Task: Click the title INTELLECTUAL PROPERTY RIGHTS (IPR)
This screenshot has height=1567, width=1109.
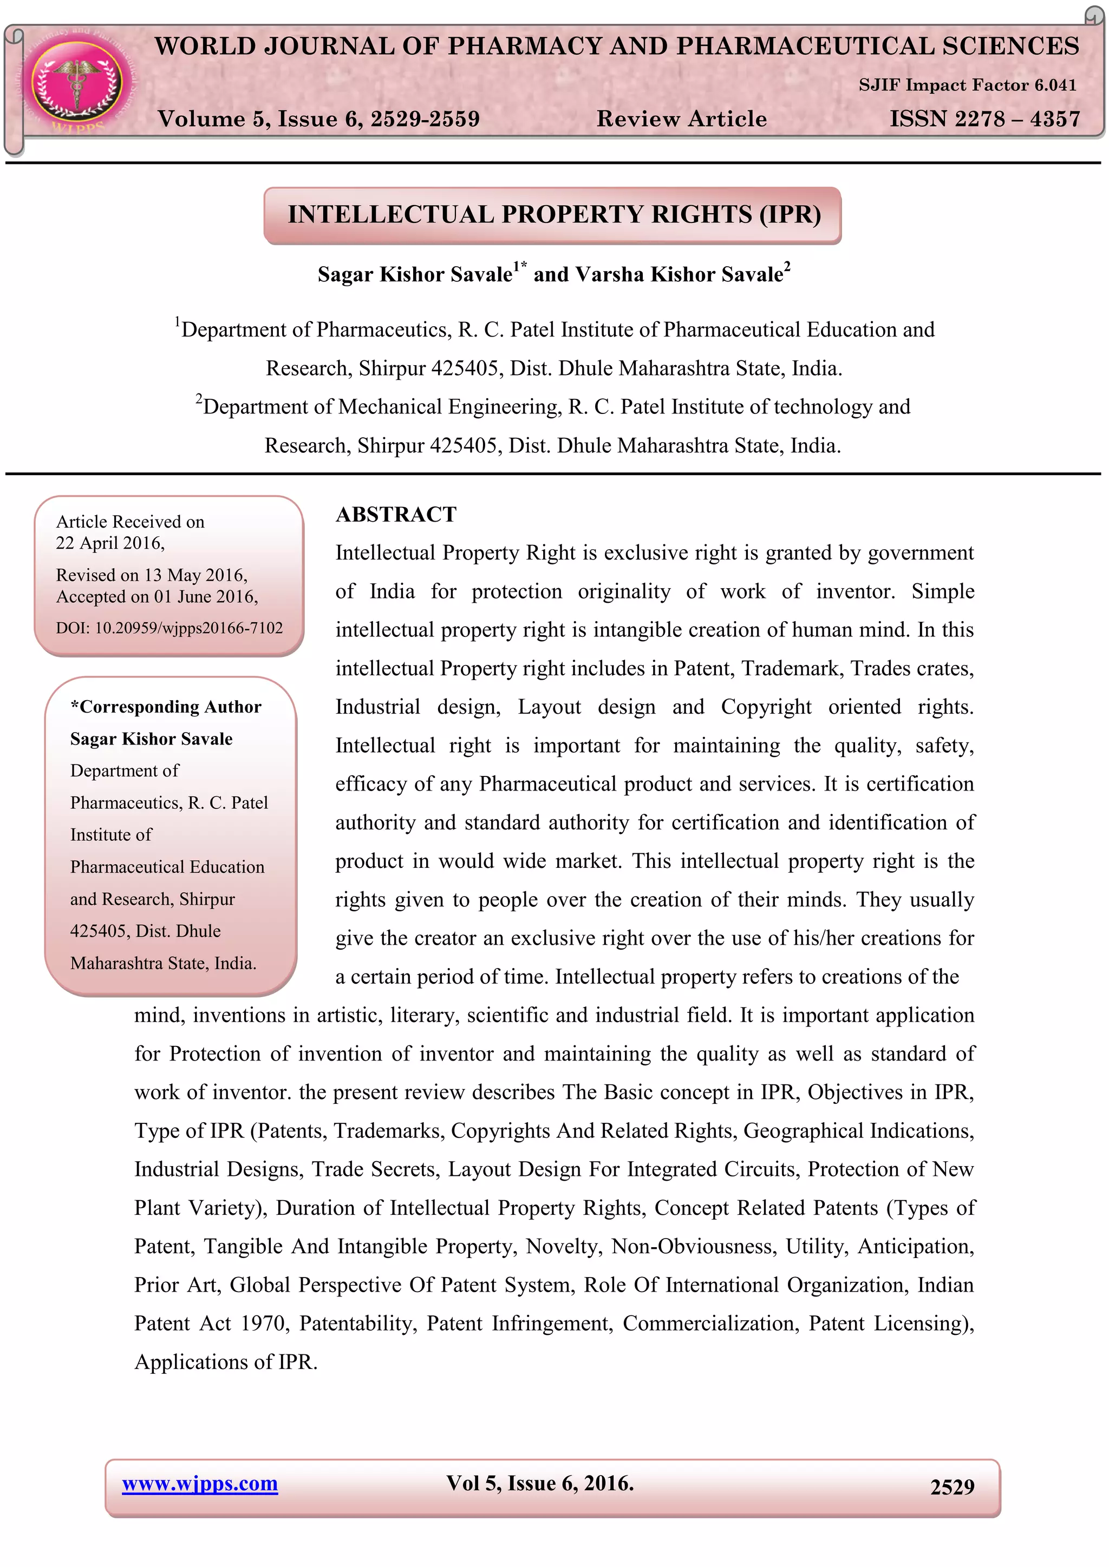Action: [x=553, y=214]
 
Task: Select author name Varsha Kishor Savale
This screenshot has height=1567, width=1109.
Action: [x=679, y=274]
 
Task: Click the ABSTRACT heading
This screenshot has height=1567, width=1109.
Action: [x=396, y=515]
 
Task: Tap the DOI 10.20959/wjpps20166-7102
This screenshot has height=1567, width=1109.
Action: [x=169, y=628]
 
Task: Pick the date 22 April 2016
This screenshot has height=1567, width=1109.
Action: [x=109, y=543]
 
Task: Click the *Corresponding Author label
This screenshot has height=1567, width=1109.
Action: [x=166, y=707]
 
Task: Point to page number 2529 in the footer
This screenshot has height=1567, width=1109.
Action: [x=951, y=1487]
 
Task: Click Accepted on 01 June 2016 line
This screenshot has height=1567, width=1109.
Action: [x=157, y=597]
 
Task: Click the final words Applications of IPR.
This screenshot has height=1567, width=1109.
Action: [x=225, y=1362]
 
